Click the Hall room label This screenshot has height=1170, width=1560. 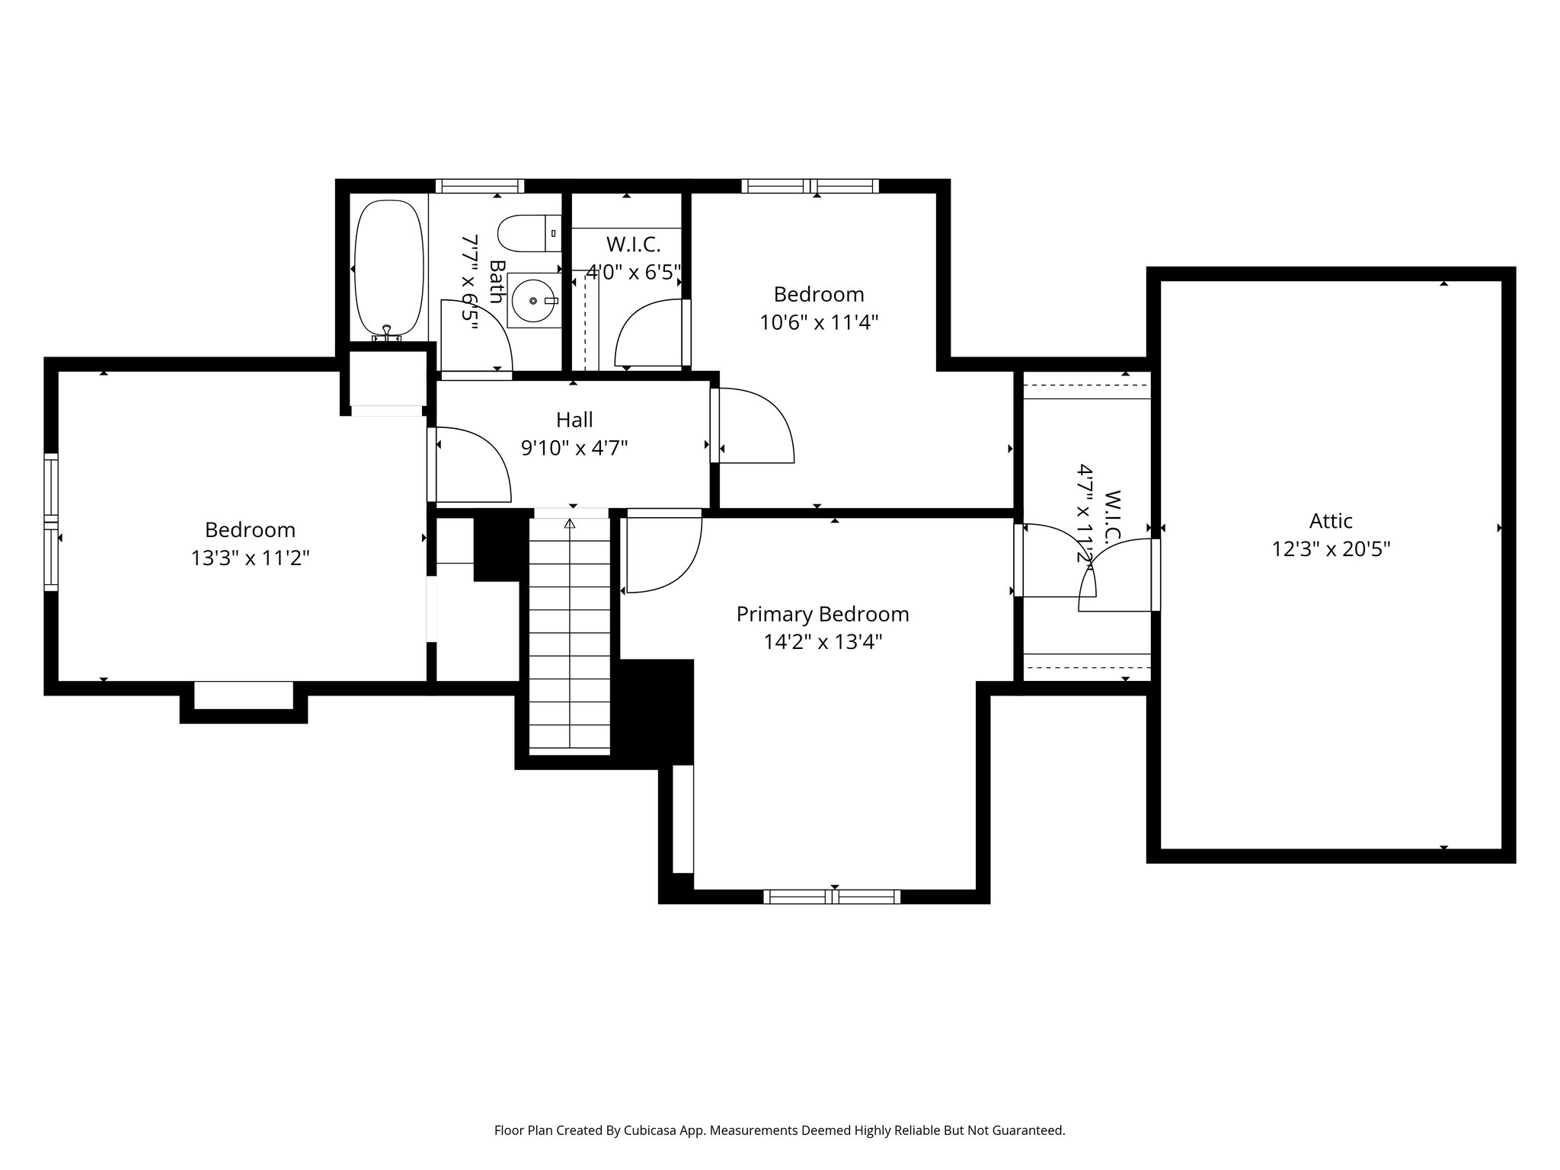(x=574, y=420)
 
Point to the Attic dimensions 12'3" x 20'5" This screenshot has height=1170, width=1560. (x=1331, y=549)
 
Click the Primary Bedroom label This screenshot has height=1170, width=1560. (x=822, y=614)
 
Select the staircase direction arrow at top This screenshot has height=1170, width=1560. (x=570, y=523)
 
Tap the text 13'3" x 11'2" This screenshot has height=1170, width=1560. (x=250, y=558)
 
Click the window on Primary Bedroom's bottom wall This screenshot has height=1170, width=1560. (x=832, y=897)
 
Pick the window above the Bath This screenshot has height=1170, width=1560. (x=480, y=186)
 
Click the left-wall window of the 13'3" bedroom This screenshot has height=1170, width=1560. (x=51, y=522)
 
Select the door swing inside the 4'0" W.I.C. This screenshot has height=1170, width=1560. (x=647, y=334)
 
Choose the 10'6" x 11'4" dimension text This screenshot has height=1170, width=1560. (x=819, y=323)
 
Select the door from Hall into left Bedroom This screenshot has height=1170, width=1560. (x=468, y=465)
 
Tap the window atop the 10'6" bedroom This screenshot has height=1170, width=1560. (x=810, y=186)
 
